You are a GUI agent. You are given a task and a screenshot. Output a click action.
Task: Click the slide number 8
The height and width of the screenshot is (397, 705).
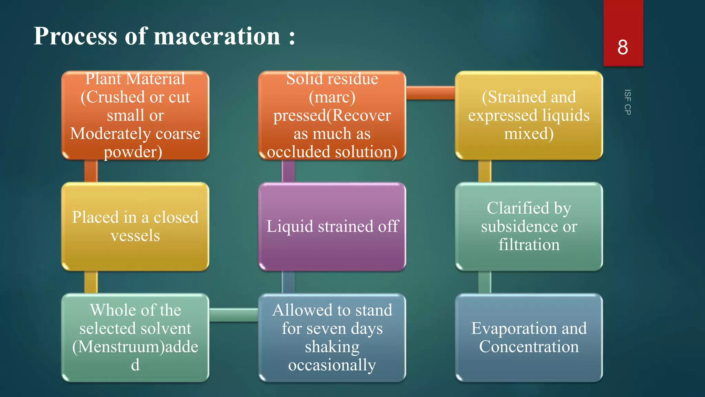coord(622,47)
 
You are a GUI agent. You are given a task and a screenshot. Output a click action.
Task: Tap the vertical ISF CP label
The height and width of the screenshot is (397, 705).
coord(627,102)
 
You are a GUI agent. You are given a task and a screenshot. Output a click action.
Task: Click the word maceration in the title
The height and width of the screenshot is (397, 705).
coord(217,36)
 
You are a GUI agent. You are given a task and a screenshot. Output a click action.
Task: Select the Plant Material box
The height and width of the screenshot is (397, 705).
coord(135,115)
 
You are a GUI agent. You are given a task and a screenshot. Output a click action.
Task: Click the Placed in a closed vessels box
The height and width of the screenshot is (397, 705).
coord(135,226)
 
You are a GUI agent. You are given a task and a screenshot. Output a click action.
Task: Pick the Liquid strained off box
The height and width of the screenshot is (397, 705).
coord(332,226)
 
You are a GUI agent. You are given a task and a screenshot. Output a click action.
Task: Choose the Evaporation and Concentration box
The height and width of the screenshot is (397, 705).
coord(529,337)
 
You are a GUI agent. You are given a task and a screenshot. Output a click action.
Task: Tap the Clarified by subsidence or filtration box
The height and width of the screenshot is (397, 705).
coord(529,226)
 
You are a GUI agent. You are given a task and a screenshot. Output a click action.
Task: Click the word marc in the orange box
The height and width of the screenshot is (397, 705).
coord(332,97)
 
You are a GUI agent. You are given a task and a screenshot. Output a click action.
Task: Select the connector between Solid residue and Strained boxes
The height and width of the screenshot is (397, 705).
coord(430,93)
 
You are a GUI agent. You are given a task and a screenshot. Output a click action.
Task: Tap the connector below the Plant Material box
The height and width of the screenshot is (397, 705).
coord(91,171)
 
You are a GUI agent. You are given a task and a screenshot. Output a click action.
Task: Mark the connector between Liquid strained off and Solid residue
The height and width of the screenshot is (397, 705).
coord(288,171)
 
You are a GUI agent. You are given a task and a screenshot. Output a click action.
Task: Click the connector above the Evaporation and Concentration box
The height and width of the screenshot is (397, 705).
coord(485,282)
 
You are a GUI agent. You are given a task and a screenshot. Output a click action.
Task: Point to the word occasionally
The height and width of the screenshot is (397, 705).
coord(332,365)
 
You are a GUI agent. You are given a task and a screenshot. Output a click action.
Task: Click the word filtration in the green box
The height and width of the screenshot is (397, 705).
coord(529,245)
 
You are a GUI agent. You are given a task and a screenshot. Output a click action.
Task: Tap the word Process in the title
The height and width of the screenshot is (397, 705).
coord(75,36)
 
